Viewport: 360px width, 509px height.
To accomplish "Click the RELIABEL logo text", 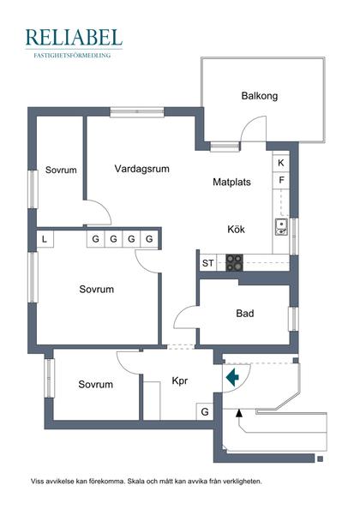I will pyautogui.click(x=74, y=37).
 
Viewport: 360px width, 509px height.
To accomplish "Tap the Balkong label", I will pyautogui.click(x=259, y=96).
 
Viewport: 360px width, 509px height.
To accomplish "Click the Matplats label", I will pyautogui.click(x=232, y=182).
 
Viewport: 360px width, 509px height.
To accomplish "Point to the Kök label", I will pyautogui.click(x=237, y=230).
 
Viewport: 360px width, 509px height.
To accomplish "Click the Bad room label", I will pyautogui.click(x=244, y=314).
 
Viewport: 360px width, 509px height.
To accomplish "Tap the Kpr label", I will pyautogui.click(x=180, y=380).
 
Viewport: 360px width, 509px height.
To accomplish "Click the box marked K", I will pyautogui.click(x=280, y=163).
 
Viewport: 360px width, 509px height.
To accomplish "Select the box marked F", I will pyautogui.click(x=280, y=181).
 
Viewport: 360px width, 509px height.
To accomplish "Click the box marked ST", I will pyautogui.click(x=207, y=263).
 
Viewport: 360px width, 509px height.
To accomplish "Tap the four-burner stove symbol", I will pyautogui.click(x=234, y=263).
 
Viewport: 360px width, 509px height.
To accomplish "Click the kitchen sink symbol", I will pyautogui.click(x=280, y=227).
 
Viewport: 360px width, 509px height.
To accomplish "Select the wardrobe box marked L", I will pyautogui.click(x=45, y=239).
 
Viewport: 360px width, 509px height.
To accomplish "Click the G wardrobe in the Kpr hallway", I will pyautogui.click(x=204, y=412).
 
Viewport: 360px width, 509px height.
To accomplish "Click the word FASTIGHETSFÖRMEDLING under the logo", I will pyautogui.click(x=74, y=55).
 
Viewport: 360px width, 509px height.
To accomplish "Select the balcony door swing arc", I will pyautogui.click(x=250, y=130).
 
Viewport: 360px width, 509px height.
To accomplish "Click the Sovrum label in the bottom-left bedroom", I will pyautogui.click(x=95, y=385).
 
